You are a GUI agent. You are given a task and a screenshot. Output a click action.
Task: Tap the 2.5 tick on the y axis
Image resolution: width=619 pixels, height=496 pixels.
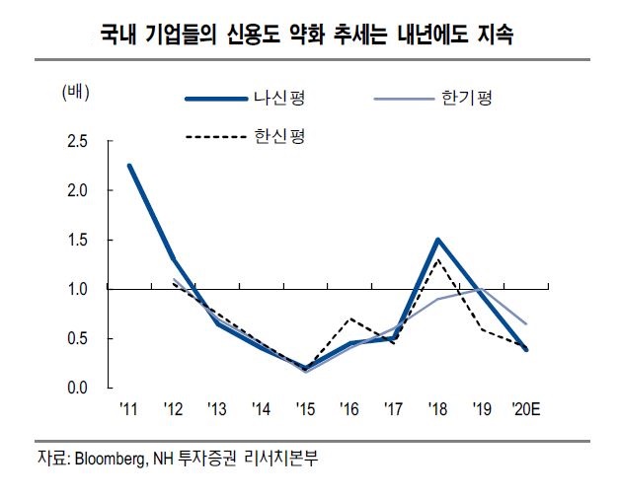[78, 143]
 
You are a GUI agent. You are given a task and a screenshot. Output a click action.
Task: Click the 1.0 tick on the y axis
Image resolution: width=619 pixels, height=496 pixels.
[78, 290]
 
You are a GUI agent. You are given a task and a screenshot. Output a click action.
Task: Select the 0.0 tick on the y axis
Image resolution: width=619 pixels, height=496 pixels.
[78, 388]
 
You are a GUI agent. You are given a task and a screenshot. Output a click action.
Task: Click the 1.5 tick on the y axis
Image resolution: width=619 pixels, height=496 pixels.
[78, 241]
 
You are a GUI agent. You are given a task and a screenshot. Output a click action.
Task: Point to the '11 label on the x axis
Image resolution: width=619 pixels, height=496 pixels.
[129, 407]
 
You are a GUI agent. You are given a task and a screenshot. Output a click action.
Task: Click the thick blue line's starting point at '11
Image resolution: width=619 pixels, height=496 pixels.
[129, 166]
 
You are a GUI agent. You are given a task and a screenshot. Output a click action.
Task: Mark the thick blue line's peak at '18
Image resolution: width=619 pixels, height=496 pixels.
[436, 240]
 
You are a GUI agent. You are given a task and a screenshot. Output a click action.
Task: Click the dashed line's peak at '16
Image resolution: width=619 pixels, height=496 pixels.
[349, 319]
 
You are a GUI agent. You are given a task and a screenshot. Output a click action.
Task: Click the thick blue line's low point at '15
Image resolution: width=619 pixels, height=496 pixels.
[304, 369]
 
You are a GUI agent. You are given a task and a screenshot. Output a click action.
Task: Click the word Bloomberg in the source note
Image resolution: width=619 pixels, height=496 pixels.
[111, 459]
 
